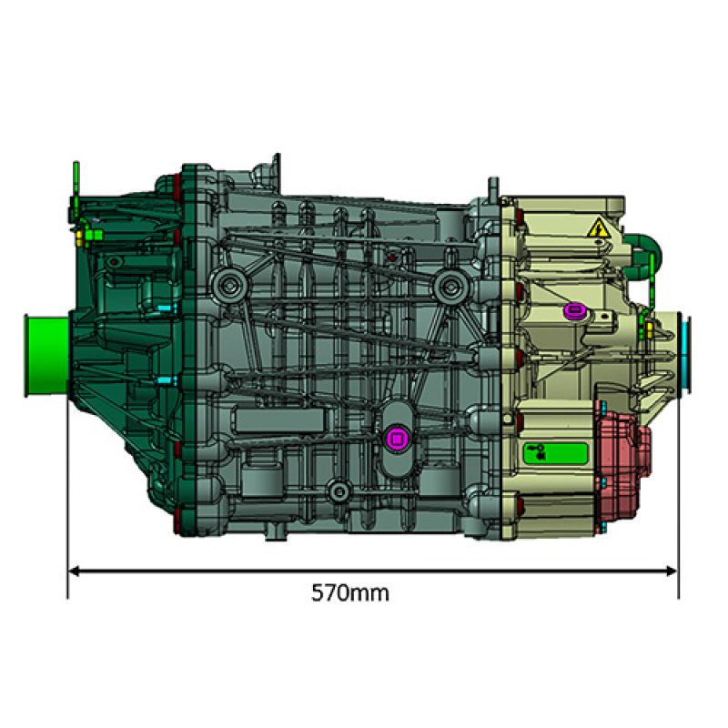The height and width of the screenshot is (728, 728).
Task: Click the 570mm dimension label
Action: pyautogui.click(x=350, y=593)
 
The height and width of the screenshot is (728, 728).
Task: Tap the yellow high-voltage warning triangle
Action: pyautogui.click(x=598, y=228)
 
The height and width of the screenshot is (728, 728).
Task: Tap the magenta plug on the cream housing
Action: pyautogui.click(x=574, y=312)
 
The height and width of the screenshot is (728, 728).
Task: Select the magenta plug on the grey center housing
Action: pyautogui.click(x=396, y=439)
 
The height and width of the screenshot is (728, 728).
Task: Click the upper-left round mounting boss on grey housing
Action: pyautogui.click(x=227, y=287)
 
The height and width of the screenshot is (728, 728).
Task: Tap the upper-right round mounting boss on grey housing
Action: pyautogui.click(x=447, y=287)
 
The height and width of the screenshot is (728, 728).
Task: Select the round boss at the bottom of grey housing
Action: pyautogui.click(x=339, y=492)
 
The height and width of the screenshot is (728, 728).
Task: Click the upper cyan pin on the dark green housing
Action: pyautogui.click(x=164, y=308)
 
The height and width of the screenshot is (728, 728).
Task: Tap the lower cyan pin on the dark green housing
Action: pyautogui.click(x=164, y=379)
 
